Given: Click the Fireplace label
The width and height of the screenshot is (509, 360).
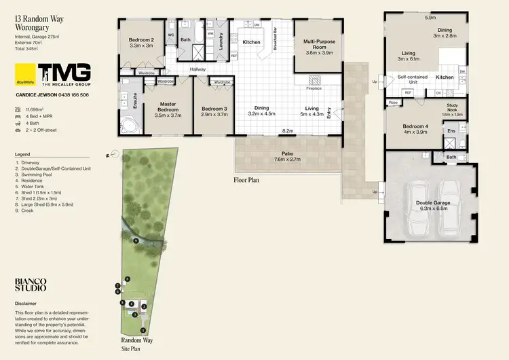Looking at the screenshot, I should click(314, 88).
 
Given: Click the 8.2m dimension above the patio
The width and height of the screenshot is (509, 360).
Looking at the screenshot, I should click(287, 130).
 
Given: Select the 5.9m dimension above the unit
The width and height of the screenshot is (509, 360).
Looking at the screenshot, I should click(430, 18).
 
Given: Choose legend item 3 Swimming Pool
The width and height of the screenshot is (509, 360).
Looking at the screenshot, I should click(35, 174).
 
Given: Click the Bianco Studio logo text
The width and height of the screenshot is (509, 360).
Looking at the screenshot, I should click(31, 284).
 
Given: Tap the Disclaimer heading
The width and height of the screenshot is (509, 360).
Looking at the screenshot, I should click(26, 304).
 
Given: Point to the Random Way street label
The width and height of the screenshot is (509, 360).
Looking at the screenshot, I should click(136, 340).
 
